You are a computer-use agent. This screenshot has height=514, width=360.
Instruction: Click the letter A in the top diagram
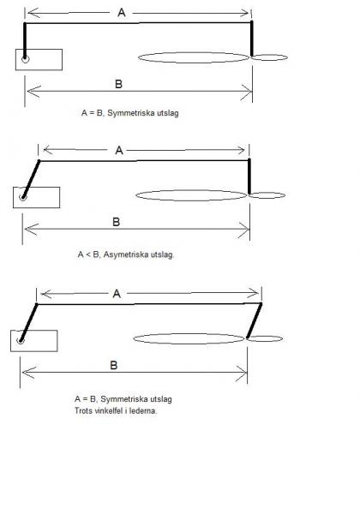tap(122, 13)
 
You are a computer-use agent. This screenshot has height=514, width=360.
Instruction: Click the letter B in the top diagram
tap(118, 84)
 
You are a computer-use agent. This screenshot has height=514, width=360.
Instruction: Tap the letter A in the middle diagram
tap(119, 151)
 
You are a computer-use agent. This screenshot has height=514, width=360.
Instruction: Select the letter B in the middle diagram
tap(116, 222)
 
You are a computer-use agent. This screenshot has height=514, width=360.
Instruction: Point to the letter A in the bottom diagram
tap(117, 294)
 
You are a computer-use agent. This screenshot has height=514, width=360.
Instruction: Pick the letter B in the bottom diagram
tap(114, 365)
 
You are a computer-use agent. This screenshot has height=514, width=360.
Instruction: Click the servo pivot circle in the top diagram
tap(25, 59)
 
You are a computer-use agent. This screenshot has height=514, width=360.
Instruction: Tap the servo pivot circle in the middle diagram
tap(22, 197)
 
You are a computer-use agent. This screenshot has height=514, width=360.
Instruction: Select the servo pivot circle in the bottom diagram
tap(21, 341)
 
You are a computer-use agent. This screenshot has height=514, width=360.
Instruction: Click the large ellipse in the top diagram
tap(194, 53)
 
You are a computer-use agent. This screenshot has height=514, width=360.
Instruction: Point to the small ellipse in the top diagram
tap(269, 55)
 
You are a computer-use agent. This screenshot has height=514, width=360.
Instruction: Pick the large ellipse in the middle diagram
tap(191, 190)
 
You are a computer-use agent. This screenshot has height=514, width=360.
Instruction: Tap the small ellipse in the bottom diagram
tap(265, 336)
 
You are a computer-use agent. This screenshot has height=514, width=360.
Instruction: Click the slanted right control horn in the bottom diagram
tap(255, 320)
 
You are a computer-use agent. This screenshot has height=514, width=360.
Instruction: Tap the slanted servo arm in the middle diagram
tap(31, 179)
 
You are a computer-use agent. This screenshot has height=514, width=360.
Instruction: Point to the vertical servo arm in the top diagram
tap(25, 41)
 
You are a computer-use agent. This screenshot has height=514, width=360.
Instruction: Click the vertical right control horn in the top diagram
tap(252, 39)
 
